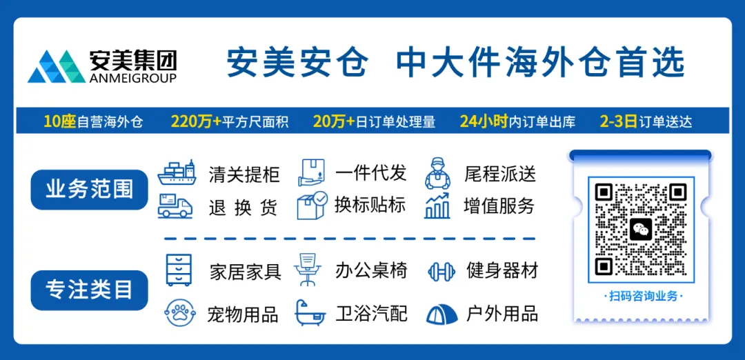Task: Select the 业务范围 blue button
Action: [90, 190]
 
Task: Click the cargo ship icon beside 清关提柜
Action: [177, 173]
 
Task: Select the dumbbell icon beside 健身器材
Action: [441, 271]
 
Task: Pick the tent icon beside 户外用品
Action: [441, 314]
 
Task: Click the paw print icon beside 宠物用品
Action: [179, 314]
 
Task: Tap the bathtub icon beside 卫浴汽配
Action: [310, 313]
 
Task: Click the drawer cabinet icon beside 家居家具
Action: [179, 269]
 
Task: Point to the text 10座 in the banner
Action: [59, 122]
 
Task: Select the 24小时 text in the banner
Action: [484, 122]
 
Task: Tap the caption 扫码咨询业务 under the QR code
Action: [641, 296]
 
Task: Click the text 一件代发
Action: [370, 173]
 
